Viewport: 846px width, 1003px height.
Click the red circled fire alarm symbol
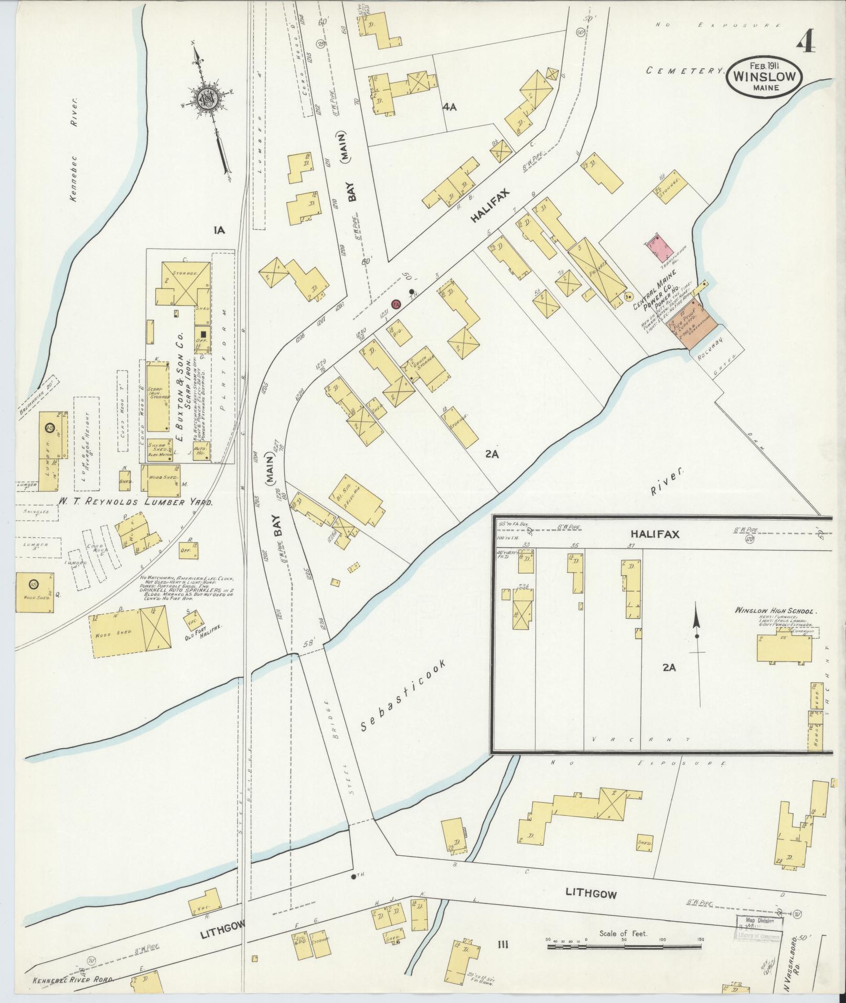(396, 304)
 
